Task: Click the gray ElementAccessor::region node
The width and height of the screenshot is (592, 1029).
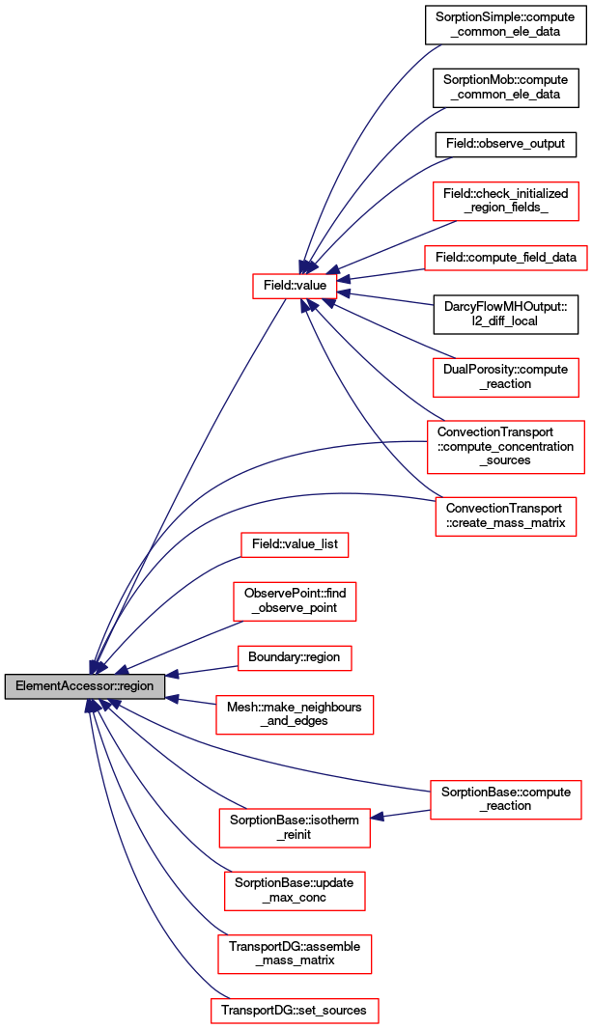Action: [x=85, y=686]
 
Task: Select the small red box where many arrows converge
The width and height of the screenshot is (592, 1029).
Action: [x=295, y=286]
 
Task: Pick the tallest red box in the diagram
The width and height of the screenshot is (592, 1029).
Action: [x=505, y=447]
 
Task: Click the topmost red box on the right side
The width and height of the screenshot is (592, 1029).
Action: [x=505, y=201]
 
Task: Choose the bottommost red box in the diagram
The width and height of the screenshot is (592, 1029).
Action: [x=295, y=1011]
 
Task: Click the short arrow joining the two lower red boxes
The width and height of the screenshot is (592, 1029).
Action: [x=400, y=815]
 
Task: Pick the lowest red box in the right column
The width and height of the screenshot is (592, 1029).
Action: [x=505, y=800]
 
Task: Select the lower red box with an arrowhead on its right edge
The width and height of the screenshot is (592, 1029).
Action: [x=295, y=828]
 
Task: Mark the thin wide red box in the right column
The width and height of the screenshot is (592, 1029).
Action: [x=505, y=259]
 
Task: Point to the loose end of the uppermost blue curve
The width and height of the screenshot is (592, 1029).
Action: [x=440, y=45]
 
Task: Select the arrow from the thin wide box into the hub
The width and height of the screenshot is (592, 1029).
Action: [x=381, y=275]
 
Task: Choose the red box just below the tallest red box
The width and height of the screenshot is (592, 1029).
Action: [x=505, y=515]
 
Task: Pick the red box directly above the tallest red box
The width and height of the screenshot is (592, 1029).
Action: [x=505, y=376]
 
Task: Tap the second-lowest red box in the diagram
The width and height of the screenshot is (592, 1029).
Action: [x=295, y=954]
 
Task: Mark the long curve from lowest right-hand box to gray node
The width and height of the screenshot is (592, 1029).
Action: [x=290, y=767]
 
